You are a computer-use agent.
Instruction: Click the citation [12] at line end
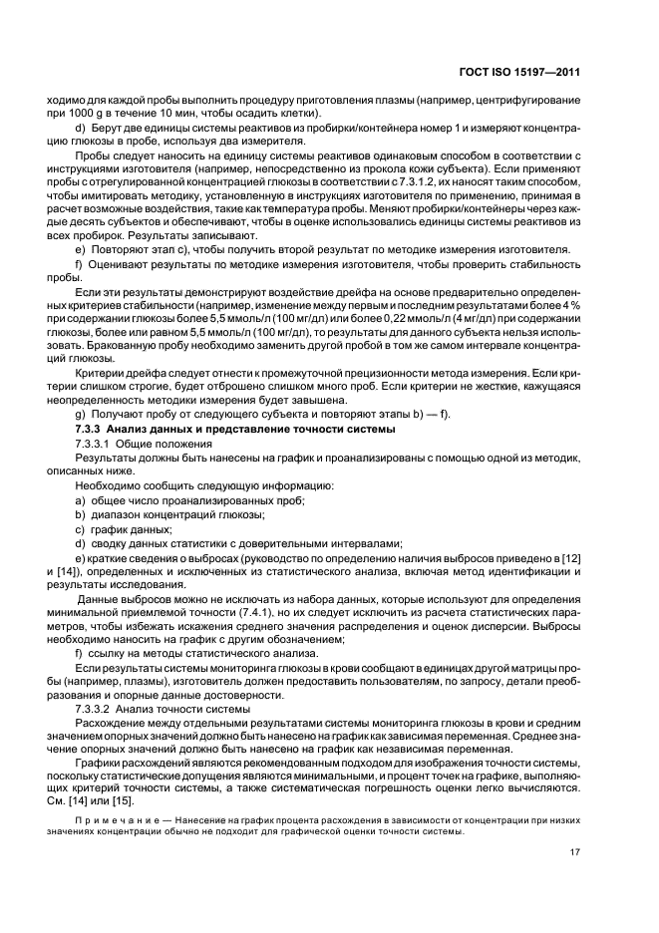tap(569, 556)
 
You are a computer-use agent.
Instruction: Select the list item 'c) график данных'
tap(124, 527)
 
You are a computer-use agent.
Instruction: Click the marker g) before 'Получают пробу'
tap(80, 414)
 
